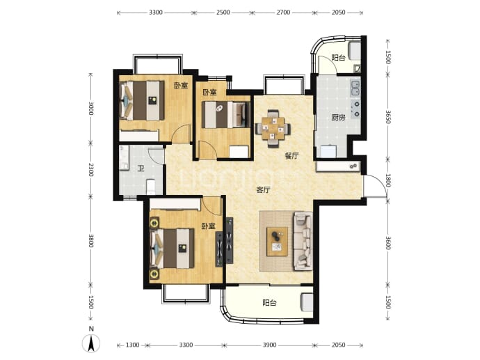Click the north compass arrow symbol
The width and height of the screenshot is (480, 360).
[91, 343]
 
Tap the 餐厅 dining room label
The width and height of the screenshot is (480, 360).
[291, 156]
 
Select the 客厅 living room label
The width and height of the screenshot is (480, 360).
[263, 190]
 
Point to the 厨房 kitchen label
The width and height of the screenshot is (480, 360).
[338, 118]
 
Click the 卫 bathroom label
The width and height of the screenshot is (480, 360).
[141, 169]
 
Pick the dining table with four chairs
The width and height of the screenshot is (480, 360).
[273, 128]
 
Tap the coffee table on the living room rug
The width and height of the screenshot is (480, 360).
[277, 242]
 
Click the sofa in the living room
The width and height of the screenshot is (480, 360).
[303, 242]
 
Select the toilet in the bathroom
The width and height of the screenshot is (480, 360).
[151, 187]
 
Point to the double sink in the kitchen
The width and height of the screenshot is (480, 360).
[355, 88]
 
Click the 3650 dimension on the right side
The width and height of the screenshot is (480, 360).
[387, 117]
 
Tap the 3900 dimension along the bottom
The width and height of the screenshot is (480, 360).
[269, 345]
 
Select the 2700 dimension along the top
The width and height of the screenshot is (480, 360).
[283, 13]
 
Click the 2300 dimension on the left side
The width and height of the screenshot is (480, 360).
[90, 169]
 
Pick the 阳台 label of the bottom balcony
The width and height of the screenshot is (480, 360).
[269, 303]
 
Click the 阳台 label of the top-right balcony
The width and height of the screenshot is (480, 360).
[338, 58]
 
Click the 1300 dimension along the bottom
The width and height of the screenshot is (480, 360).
[133, 345]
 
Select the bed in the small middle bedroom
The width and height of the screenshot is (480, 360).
[225, 115]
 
